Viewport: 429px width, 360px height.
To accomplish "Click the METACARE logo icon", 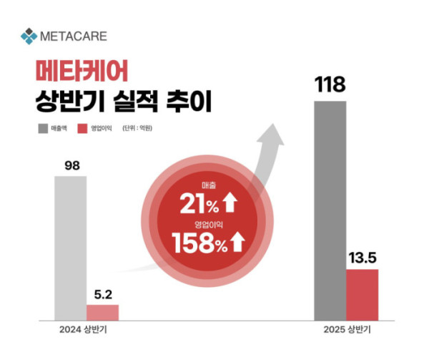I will click(x=28, y=34).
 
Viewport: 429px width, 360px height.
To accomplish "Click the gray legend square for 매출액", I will click(x=41, y=129).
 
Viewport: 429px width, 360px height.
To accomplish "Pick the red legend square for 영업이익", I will click(x=82, y=129).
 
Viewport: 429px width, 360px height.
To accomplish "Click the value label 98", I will click(x=71, y=165).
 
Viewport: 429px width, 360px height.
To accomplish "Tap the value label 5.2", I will click(x=103, y=293).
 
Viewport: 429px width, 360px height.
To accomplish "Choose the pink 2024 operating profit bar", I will click(x=103, y=312).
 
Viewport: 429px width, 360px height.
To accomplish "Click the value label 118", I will click(x=330, y=84).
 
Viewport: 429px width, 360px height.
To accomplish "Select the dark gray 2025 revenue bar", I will click(x=330, y=210).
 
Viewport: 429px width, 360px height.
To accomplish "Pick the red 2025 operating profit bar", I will click(x=362, y=295).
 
